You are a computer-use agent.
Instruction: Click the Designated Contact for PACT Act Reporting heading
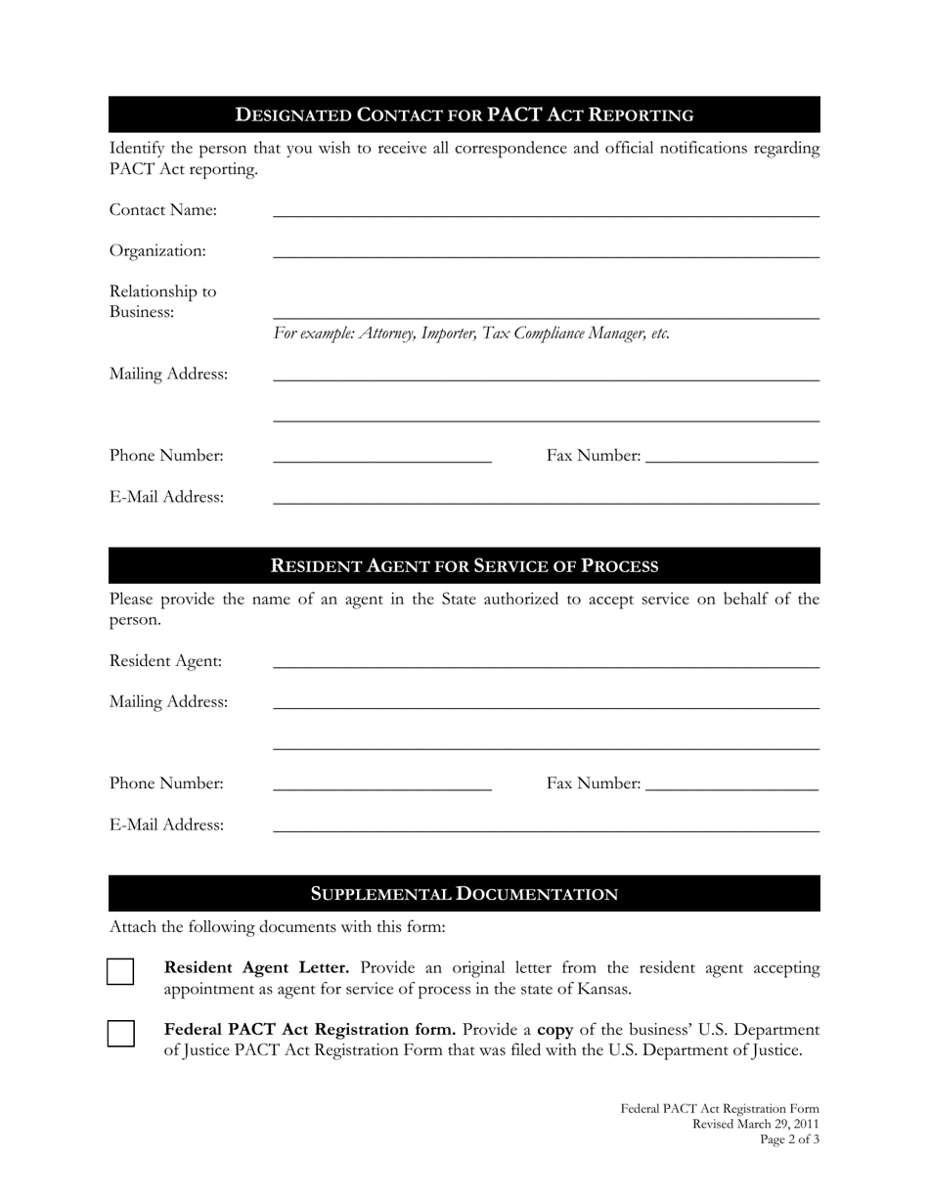tap(464, 114)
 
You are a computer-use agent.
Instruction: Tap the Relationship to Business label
tap(162, 301)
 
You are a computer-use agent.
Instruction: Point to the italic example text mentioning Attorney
tap(471, 334)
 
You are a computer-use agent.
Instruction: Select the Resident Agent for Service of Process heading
tap(464, 565)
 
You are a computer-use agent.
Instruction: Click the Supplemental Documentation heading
tap(464, 894)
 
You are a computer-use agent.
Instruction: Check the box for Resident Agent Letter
tap(120, 971)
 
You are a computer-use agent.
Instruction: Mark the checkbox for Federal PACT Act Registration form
tap(120, 1034)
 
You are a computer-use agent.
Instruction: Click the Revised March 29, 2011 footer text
tap(755, 1124)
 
